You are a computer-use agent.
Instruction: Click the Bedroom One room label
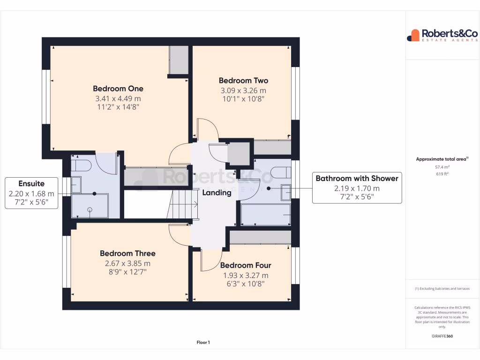coord(118,89)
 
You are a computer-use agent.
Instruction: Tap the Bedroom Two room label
coord(243,81)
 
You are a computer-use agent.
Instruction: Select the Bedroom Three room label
coord(127,254)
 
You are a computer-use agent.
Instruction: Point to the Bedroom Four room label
coord(246,265)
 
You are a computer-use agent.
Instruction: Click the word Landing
coord(217,193)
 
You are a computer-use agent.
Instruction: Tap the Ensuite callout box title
coord(31,183)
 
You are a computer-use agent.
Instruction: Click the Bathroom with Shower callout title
coord(357,178)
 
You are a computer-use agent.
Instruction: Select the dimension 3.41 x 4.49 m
coord(118,98)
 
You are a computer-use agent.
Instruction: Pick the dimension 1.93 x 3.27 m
coord(246,275)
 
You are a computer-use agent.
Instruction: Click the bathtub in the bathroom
coord(265,215)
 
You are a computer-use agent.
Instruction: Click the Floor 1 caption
coord(203,343)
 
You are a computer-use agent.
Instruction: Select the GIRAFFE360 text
coord(442,336)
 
